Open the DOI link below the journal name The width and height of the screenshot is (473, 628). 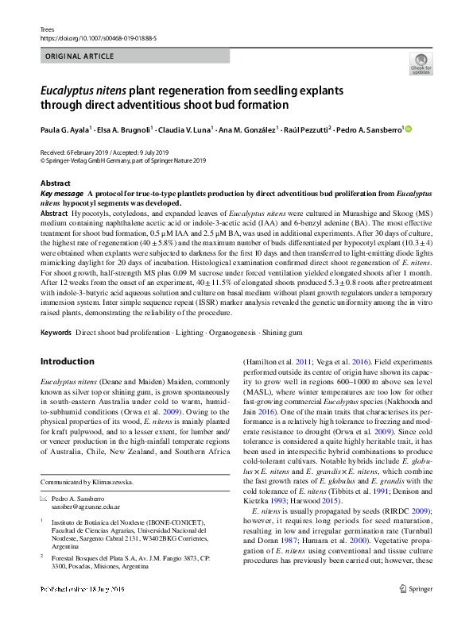pos(94,36)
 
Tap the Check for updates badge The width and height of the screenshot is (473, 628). pos(420,64)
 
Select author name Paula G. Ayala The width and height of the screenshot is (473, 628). pos(65,129)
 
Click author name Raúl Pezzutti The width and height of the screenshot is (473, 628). pos(306,129)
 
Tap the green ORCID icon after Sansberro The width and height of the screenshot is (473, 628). pos(409,129)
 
